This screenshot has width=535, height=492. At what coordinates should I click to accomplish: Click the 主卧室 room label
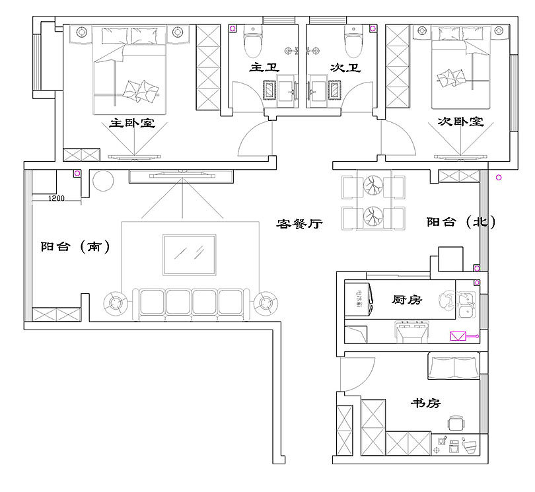click(x=132, y=123)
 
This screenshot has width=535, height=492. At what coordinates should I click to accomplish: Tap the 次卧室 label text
click(x=460, y=122)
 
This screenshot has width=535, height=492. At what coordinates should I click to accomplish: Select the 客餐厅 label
click(x=299, y=225)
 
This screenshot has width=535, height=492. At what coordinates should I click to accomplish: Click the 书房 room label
click(x=425, y=403)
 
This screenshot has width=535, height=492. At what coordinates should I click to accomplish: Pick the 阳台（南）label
click(x=75, y=246)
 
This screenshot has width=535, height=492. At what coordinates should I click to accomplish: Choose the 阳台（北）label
click(x=460, y=223)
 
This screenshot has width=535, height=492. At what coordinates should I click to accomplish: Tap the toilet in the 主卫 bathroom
click(x=252, y=43)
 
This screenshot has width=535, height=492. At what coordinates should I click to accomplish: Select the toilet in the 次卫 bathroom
click(x=353, y=43)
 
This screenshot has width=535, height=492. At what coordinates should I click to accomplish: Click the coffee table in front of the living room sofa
click(x=189, y=254)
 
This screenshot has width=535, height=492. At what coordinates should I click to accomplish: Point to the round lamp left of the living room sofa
click(x=116, y=302)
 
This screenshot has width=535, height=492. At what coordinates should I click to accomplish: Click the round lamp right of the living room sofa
click(x=266, y=302)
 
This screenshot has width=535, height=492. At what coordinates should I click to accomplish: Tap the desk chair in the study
click(x=454, y=423)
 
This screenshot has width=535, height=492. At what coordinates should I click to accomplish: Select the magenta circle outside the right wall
click(x=499, y=177)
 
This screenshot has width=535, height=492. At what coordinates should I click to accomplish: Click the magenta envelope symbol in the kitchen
click(x=458, y=335)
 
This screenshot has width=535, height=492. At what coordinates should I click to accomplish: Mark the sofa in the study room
click(x=454, y=366)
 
